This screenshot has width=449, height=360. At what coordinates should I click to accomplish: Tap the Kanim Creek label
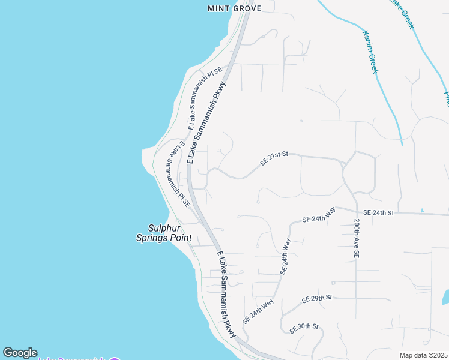(369, 52)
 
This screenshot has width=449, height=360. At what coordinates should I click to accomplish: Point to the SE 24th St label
(378, 213)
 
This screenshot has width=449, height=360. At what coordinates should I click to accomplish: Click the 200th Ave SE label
(356, 239)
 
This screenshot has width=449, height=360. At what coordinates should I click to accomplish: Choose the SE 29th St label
(317, 298)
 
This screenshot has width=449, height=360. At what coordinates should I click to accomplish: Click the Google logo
(20, 353)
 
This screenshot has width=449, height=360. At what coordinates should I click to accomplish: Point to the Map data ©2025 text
(423, 355)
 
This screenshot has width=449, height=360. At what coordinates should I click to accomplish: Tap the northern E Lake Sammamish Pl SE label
(205, 98)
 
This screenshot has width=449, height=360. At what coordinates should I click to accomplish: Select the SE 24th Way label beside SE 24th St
(319, 215)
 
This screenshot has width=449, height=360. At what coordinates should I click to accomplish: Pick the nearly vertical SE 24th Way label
(286, 256)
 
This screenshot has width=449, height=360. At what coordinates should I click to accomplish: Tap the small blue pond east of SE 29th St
(445, 297)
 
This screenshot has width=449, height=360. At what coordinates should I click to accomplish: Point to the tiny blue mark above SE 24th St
(423, 210)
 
